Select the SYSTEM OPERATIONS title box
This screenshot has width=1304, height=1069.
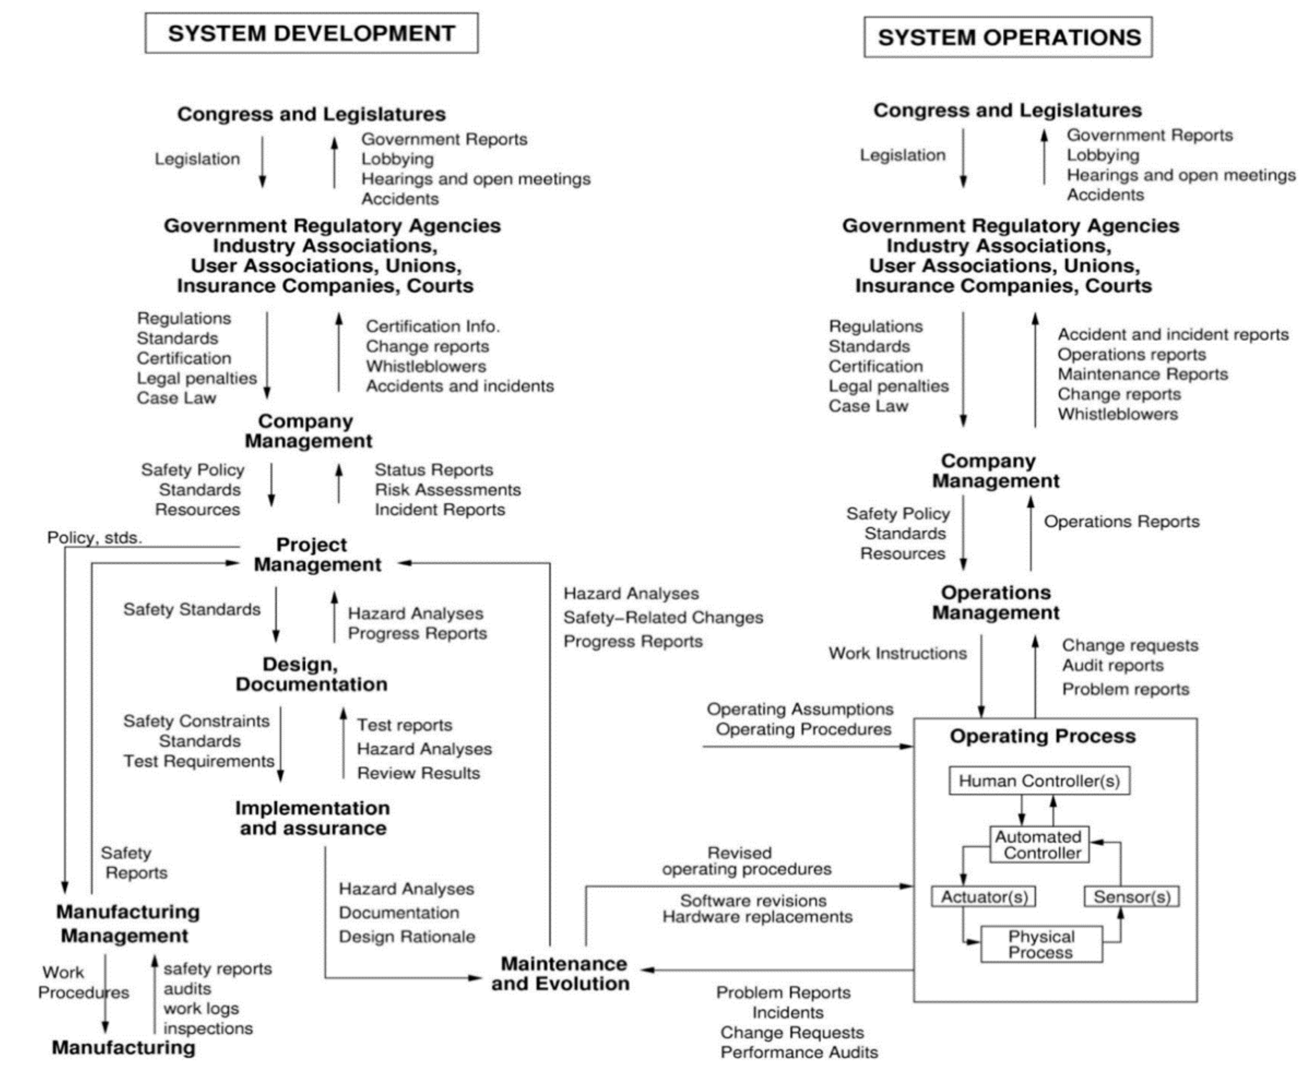[x=1008, y=37]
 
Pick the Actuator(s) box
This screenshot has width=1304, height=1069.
[x=983, y=897]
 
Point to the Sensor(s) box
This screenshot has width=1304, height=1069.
[x=1131, y=897]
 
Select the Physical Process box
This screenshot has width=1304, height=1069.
[x=1041, y=944]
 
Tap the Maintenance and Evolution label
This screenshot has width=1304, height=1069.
[x=560, y=973]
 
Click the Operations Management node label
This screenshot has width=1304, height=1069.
[x=996, y=602]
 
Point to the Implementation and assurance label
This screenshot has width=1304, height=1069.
[x=312, y=818]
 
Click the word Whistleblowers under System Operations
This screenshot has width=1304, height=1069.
[x=1118, y=414]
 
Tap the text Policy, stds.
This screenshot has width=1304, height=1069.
[x=94, y=537]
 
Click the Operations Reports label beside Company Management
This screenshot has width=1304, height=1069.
[x=1121, y=522]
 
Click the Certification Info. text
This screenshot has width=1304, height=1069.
[x=432, y=326]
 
